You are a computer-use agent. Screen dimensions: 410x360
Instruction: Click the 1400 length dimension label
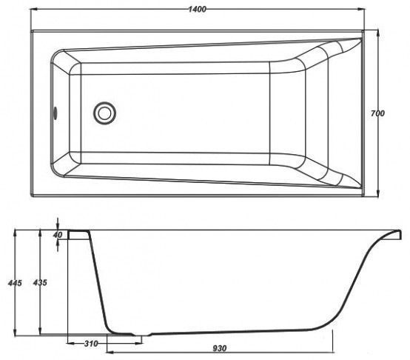tap(198, 10)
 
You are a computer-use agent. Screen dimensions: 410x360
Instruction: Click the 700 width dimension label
tap(377, 113)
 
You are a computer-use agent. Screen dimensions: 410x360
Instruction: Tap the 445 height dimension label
tap(15, 283)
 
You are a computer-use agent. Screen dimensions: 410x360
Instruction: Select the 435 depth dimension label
tap(40, 282)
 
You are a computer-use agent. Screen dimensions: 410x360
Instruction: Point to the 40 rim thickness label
tap(58, 235)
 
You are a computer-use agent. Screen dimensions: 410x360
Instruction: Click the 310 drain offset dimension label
tap(91, 343)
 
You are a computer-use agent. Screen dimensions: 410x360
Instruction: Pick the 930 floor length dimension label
tap(220, 348)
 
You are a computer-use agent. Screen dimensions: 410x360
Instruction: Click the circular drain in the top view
tap(104, 113)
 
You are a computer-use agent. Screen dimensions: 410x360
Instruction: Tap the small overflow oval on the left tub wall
tap(56, 113)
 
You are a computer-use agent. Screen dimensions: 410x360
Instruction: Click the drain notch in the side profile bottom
tap(143, 335)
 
